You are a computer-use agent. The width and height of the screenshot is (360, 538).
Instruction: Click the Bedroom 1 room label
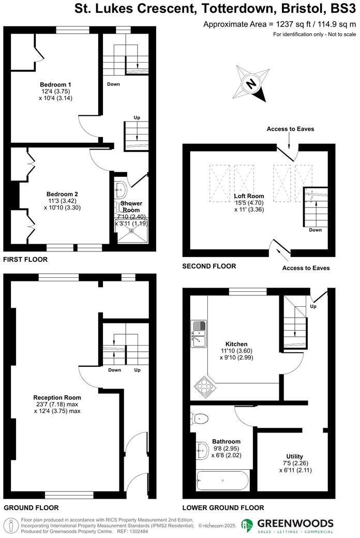(55, 84)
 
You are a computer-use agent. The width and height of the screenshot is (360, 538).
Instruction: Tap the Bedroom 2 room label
(62, 194)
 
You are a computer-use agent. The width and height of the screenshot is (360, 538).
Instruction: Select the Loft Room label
(249, 196)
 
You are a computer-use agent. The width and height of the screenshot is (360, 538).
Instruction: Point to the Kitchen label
(236, 344)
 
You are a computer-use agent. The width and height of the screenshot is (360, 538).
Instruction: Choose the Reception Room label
(57, 398)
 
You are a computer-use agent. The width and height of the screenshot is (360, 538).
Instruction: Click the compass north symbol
(251, 83)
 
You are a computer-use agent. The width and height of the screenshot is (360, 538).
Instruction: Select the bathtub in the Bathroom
(222, 481)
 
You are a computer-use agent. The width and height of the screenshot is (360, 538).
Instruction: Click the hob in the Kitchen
(204, 387)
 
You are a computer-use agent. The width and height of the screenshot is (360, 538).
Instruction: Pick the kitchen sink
(199, 334)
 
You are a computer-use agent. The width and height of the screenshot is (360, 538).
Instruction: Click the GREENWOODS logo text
(295, 523)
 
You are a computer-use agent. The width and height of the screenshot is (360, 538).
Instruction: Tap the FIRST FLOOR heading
(25, 260)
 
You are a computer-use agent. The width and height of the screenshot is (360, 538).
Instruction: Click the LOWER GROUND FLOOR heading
(223, 508)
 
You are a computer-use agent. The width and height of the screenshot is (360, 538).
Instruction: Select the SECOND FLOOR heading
(209, 266)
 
